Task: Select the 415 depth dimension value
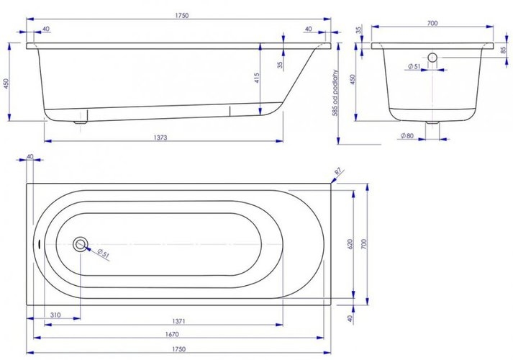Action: point(256,78)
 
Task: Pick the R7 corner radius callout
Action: point(339,171)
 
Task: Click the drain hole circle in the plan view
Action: point(81,245)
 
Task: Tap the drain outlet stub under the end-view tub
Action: point(432,125)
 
